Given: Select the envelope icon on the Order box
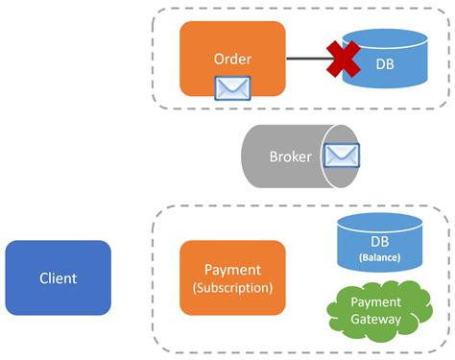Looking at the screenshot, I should (232, 88).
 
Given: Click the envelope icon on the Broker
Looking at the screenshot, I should (342, 156).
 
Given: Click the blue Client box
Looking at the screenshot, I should (58, 278).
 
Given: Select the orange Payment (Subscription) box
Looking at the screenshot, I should (232, 278).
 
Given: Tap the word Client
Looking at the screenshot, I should (58, 279).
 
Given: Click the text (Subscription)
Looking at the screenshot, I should (232, 288).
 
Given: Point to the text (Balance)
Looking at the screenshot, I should (380, 257).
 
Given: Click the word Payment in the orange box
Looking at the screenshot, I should (232, 271).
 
